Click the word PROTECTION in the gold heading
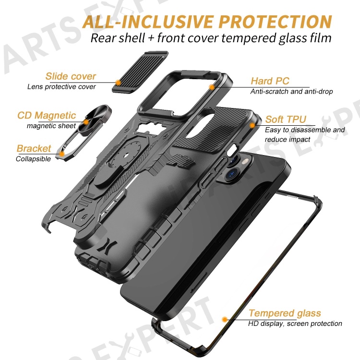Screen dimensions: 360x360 [276, 22]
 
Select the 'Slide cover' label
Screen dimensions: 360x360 [71, 76]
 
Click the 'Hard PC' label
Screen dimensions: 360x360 [270, 81]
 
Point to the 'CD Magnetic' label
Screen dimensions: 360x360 [47, 115]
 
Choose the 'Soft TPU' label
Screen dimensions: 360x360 [286, 120]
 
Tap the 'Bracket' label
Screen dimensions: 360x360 [34, 148]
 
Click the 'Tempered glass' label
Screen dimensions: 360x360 [285, 313]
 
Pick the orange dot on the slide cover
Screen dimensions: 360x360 [118, 83]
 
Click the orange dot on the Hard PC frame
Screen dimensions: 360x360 [212, 87]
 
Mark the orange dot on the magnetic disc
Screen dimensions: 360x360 [86, 122]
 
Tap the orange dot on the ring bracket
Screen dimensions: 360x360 [62, 154]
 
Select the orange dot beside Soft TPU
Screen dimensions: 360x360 [252, 125]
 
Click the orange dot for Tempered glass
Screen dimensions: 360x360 [225, 319]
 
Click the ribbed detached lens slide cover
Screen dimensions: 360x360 [140, 72]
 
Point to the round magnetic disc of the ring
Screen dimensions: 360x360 [95, 118]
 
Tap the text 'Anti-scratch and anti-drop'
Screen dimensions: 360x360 [291, 91]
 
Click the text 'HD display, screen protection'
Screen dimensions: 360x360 [295, 324]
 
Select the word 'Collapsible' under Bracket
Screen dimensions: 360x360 [33, 159]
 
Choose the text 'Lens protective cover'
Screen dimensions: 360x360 [61, 86]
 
